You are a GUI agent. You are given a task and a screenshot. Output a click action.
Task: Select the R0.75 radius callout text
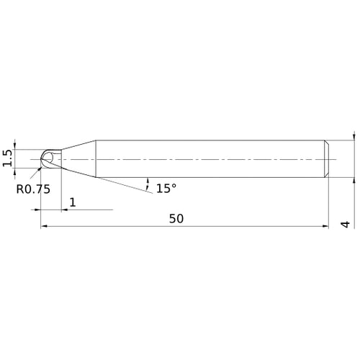(x=32, y=190)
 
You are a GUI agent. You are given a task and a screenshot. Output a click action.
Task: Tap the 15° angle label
(x=166, y=189)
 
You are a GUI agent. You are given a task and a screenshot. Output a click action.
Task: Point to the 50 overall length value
(x=176, y=218)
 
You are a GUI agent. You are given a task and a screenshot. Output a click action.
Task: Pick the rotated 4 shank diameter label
(x=346, y=225)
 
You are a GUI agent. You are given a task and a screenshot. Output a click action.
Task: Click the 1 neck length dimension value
(x=73, y=202)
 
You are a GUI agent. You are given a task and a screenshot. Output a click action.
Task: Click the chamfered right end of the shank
(x=328, y=158)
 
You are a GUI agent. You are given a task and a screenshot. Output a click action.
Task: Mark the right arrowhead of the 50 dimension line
(x=325, y=227)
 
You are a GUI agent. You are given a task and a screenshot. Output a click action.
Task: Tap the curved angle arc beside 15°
(x=148, y=181)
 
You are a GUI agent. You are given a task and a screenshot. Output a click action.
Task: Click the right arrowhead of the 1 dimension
(x=66, y=210)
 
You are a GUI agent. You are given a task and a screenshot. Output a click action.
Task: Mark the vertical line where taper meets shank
(x=96, y=158)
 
